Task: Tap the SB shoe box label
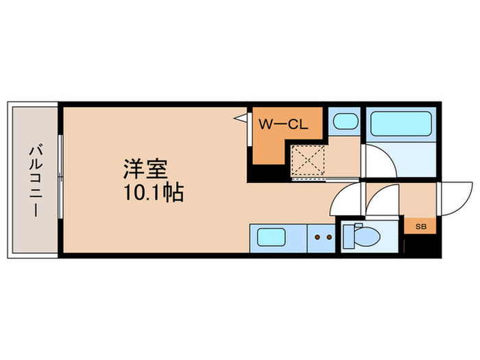tap(420, 224)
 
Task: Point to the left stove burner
tap(318, 237)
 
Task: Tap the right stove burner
tap(330, 237)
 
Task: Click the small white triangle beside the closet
tap(241, 119)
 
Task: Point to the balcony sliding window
tap(60, 180)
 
